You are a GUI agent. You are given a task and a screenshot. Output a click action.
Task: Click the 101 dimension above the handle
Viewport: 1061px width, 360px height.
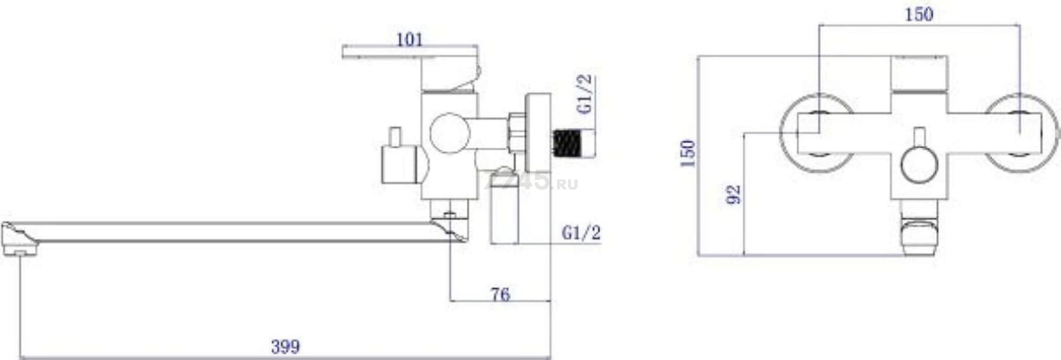409,40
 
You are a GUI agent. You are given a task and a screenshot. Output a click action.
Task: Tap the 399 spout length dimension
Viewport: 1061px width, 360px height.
286,347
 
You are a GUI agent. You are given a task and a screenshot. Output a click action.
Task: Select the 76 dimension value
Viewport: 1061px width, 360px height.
501,294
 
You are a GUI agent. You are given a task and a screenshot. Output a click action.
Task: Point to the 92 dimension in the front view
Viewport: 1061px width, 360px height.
733,194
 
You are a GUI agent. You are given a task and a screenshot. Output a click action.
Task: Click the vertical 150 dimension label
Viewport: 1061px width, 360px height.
687,153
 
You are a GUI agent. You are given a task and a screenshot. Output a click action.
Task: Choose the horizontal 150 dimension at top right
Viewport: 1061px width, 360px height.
919,14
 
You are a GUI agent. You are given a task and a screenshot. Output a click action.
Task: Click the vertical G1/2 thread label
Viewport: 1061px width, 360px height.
584,94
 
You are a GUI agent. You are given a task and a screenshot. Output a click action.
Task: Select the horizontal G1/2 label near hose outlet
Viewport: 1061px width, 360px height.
581,233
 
